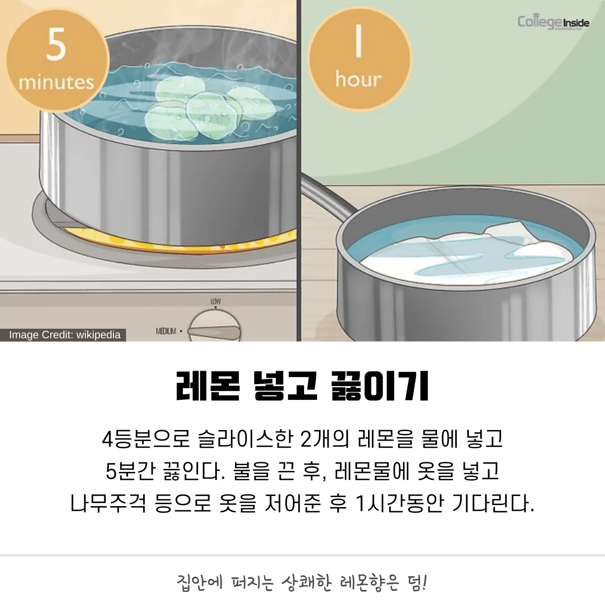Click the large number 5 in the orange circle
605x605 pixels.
(x=56, y=44)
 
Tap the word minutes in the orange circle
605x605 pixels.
(x=56, y=83)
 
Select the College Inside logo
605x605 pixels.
(x=553, y=23)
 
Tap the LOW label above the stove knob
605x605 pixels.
(x=216, y=301)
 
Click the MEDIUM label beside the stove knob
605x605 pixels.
(x=166, y=331)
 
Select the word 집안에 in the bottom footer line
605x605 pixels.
(x=200, y=583)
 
